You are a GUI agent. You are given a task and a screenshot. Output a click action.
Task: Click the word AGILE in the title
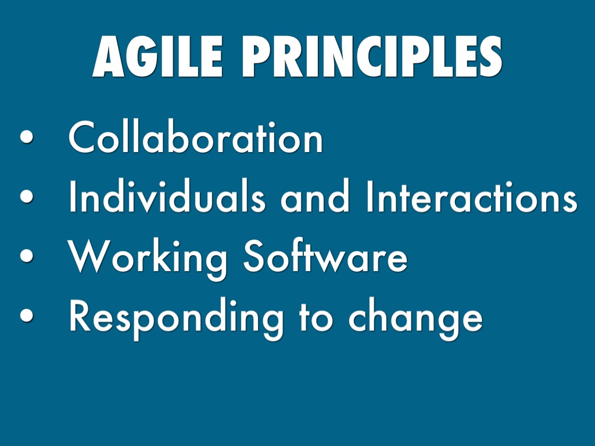[x=157, y=56]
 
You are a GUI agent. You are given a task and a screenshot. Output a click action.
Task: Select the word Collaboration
[x=195, y=137]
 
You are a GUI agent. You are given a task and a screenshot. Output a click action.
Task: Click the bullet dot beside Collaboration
[x=27, y=137]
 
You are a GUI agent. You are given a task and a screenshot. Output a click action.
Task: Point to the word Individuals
[x=167, y=196]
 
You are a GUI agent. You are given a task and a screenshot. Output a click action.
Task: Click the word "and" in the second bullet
[x=314, y=196]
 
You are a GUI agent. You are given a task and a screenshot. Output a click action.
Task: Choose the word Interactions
[x=472, y=196]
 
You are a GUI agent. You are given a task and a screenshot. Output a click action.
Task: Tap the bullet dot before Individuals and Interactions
[x=27, y=196]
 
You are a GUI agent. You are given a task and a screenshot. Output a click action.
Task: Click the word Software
[x=325, y=256]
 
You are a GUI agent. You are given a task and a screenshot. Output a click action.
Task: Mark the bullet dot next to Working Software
[x=27, y=256]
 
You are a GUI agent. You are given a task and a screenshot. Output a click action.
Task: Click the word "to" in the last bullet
[x=316, y=317]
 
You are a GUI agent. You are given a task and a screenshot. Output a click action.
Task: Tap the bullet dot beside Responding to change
[x=27, y=315]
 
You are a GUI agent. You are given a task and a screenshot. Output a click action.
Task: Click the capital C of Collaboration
[x=81, y=137]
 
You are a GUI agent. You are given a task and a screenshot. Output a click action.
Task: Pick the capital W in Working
[x=89, y=256]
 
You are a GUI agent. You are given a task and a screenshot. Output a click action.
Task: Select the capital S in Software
[x=253, y=256]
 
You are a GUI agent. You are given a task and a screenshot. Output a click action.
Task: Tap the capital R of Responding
[x=80, y=315]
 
